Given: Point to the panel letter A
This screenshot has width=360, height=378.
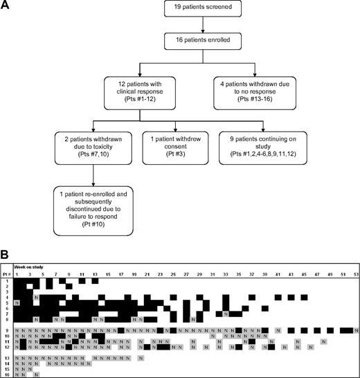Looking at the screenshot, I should click(6, 6).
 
